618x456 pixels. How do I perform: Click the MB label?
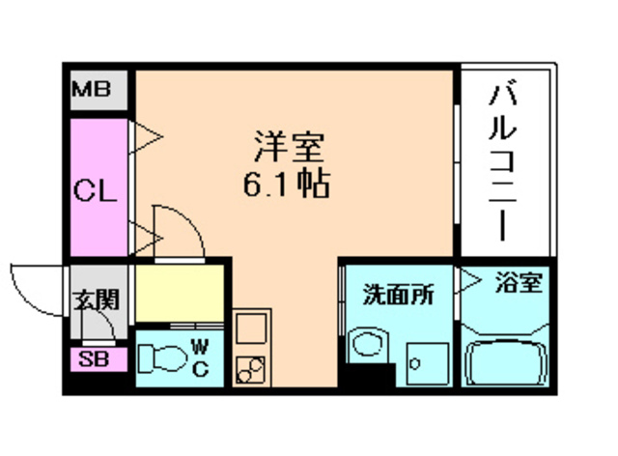(x=95, y=93)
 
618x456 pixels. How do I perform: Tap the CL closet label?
(x=96, y=188)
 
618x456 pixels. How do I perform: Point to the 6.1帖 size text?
(x=287, y=184)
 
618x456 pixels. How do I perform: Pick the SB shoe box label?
(x=95, y=361)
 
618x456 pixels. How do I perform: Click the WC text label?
(x=202, y=356)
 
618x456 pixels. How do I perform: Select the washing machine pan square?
(x=422, y=363)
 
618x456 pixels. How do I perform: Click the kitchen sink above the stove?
(x=249, y=327)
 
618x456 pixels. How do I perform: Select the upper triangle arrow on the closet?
(x=145, y=136)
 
